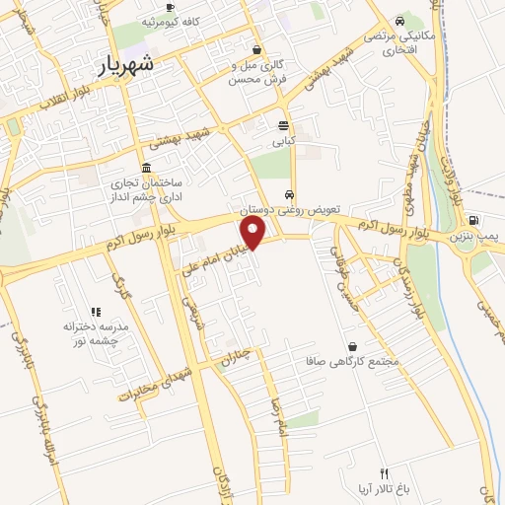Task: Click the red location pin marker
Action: [254, 234]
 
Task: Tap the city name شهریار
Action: [126, 66]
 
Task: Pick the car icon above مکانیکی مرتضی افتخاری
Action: [398, 22]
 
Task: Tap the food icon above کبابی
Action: [284, 125]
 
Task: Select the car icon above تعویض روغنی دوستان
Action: [288, 194]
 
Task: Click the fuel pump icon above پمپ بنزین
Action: [474, 220]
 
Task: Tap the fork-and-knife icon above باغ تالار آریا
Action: [385, 473]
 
